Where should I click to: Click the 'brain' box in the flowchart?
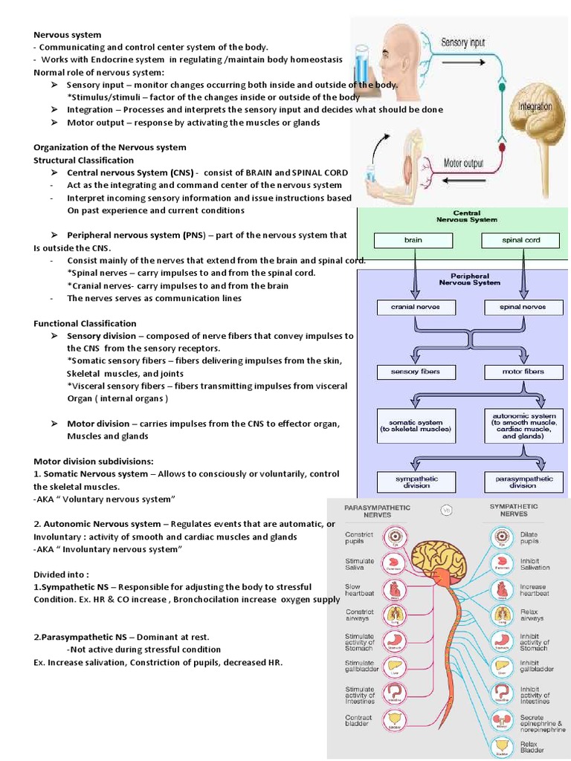coord(413,241)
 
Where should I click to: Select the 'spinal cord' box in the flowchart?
coord(520,241)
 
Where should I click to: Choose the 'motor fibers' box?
coord(523,371)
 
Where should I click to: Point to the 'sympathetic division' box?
coord(416,482)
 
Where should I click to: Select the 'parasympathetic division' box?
coord(523,482)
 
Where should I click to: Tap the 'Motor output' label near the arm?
coord(462,163)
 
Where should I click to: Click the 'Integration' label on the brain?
coord(535,106)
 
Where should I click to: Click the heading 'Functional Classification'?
coord(86,323)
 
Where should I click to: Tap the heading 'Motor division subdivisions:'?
coord(92,461)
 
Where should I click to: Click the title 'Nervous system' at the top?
coord(68,34)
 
